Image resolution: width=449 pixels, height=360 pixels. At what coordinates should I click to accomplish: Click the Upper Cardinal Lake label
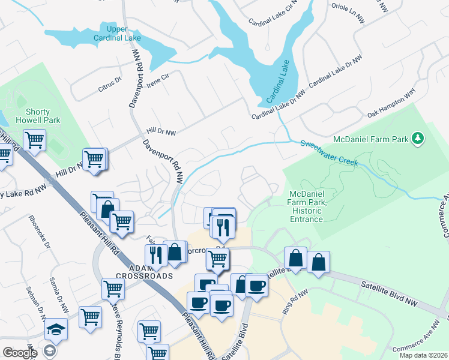[117, 34]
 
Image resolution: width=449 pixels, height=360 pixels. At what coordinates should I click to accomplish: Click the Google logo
[20, 352]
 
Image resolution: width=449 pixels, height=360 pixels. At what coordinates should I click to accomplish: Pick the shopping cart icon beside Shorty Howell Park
[34, 141]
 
